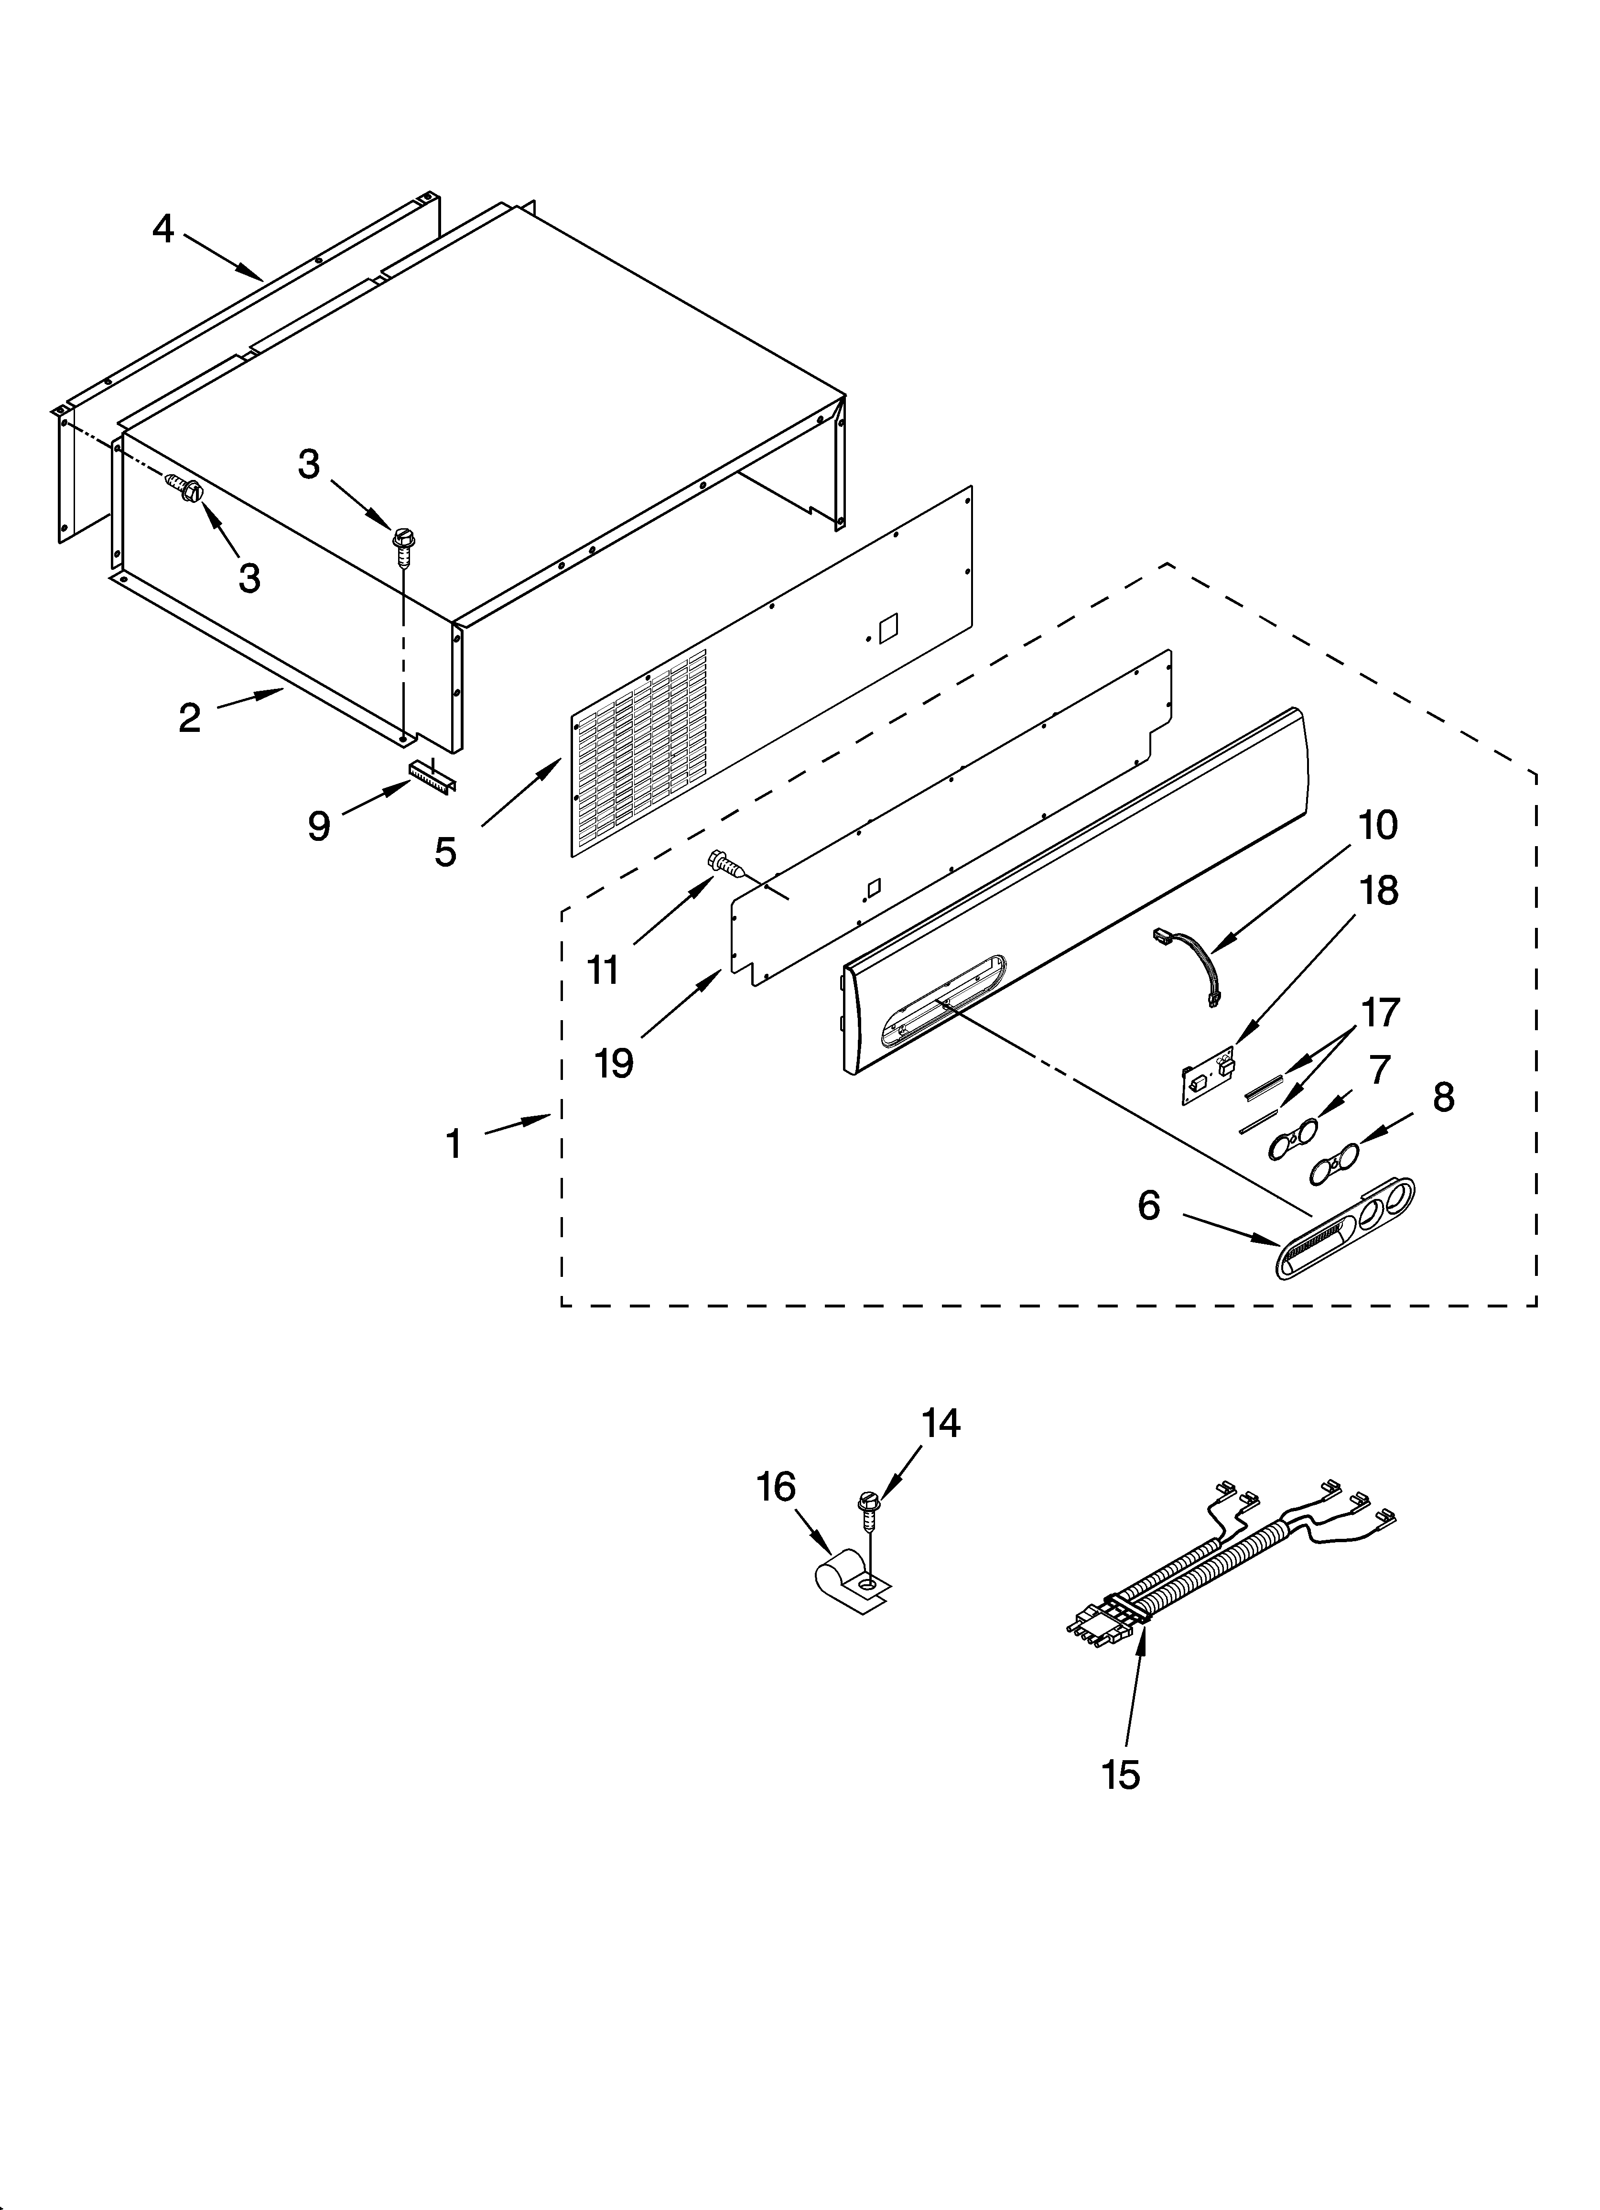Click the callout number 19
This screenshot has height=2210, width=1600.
pos(614,1063)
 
